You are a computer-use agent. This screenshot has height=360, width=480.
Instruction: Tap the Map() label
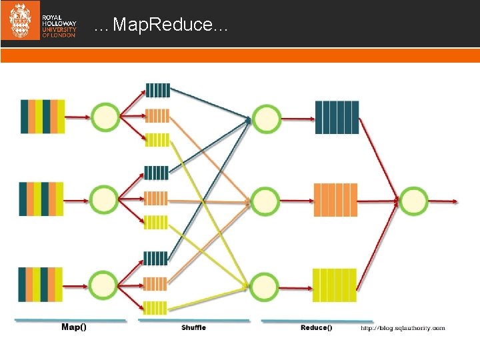[74, 327]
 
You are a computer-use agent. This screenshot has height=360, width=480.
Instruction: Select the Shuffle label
[193, 327]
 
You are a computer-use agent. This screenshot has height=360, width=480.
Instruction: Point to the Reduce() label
[315, 327]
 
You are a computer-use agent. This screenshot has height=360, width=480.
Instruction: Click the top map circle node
[105, 117]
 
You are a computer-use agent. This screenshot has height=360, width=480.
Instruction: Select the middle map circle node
[104, 199]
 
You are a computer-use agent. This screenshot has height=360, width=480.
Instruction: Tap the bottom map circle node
[103, 284]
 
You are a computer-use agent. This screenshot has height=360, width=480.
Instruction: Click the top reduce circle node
[265, 119]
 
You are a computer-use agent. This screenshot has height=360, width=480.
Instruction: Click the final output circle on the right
[413, 199]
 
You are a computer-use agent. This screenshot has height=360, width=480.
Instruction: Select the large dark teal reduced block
[337, 117]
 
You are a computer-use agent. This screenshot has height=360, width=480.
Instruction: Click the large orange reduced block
[335, 199]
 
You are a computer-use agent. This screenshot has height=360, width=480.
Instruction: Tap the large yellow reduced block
[334, 285]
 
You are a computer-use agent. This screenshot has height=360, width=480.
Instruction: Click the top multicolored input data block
[43, 117]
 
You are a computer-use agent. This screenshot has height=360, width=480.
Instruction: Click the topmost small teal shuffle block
[157, 91]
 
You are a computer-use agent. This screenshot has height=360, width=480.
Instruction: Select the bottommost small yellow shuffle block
[155, 308]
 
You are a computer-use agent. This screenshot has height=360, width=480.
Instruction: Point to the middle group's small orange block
[155, 198]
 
